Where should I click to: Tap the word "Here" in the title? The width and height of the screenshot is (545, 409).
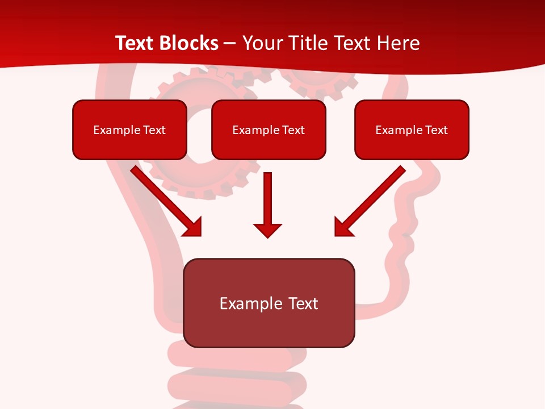(399, 43)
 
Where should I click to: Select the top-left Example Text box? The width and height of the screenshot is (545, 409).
(129, 130)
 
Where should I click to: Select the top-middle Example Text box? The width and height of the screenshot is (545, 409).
(269, 130)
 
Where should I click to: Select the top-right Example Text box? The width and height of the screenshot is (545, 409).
(412, 130)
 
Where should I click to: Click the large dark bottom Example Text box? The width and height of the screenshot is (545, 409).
(269, 303)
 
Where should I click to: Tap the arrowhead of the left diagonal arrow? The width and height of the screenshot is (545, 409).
(193, 227)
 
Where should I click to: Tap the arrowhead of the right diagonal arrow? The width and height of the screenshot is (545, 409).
(343, 227)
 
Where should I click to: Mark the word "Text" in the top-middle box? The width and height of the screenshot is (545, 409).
(294, 130)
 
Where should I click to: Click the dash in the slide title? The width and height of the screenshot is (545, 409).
(230, 43)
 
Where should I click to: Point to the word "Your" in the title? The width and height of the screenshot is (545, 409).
(260, 43)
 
